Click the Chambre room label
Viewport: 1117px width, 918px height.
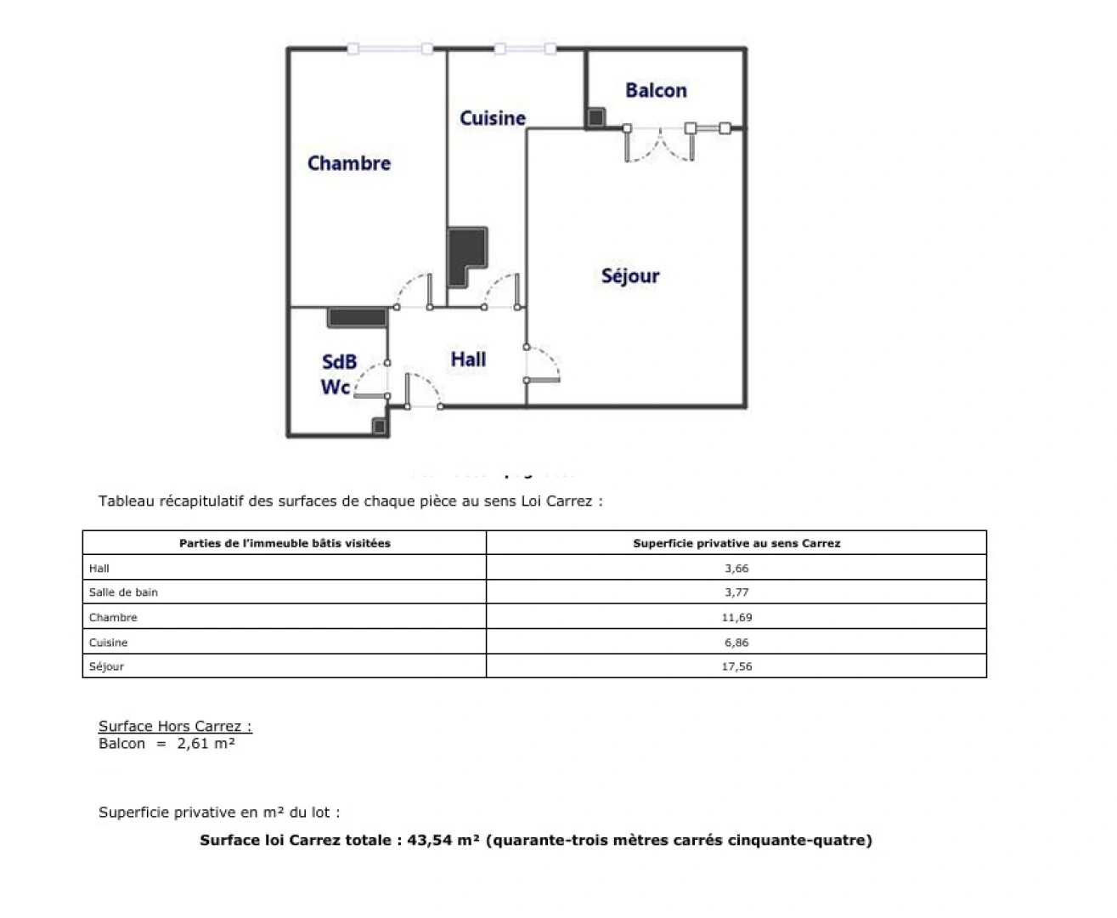tap(349, 163)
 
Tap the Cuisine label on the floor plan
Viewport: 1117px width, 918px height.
tap(493, 118)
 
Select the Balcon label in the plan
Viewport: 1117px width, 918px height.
tap(656, 90)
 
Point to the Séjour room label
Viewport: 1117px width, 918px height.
tap(630, 275)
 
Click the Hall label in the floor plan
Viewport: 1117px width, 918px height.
tap(468, 360)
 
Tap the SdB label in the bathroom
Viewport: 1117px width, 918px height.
tap(339, 363)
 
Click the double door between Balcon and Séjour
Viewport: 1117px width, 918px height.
tap(659, 144)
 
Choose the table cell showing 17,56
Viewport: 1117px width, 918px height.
tap(736, 666)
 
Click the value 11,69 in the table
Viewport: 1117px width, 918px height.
tap(736, 618)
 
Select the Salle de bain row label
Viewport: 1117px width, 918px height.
tap(123, 592)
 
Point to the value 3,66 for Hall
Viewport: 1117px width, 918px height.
tap(736, 569)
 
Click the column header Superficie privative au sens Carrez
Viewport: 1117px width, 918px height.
tap(736, 543)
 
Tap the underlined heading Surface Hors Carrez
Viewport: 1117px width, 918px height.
tap(175, 726)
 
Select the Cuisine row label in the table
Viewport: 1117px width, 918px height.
tap(109, 643)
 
